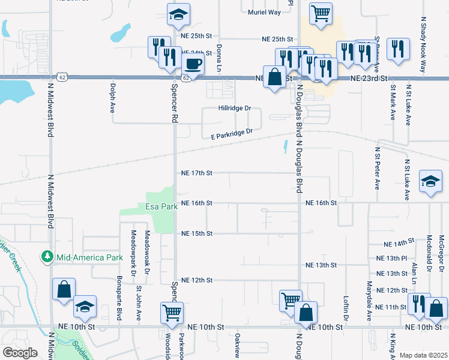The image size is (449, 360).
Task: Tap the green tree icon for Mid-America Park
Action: pos(47,257)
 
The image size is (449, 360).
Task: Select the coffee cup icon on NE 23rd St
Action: pos(193,64)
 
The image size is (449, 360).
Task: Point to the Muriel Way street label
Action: pos(264,11)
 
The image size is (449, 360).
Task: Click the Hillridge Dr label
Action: pos(234,109)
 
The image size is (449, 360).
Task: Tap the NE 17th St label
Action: pos(197,173)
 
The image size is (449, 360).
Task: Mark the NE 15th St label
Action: pos(197,233)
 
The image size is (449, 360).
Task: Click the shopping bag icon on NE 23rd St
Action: pos(274,77)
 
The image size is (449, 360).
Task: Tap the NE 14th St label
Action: pos(399,243)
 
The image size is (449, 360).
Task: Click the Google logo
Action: pos(20,353)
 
